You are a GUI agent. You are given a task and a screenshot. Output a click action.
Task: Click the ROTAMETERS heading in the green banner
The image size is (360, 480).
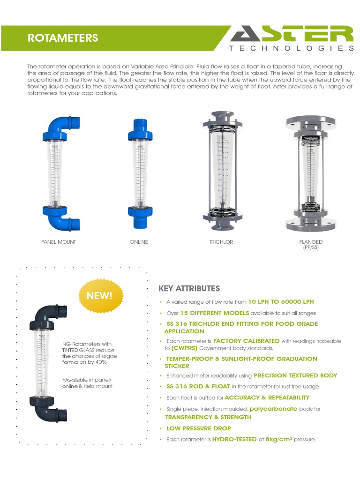pos(63,38)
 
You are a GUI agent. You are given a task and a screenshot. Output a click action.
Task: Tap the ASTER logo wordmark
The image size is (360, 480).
pos(291,34)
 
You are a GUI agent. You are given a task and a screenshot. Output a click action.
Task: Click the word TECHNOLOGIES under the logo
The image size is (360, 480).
pos(291,48)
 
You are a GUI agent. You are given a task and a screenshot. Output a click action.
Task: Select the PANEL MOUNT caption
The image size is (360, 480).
pos(59,242)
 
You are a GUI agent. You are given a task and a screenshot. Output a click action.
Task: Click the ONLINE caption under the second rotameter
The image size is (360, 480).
pos(139,242)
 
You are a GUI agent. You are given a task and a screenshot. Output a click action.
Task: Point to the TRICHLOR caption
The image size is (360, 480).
pos(221,242)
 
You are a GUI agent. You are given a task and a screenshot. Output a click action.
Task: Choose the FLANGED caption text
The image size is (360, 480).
pos(311,242)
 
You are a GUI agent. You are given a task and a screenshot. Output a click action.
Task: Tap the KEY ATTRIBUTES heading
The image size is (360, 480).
pos(189,288)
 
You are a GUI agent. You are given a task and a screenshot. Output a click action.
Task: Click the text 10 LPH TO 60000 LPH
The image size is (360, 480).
pos(281,302)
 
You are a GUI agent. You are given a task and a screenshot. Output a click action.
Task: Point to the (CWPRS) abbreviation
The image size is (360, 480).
pos(184,348)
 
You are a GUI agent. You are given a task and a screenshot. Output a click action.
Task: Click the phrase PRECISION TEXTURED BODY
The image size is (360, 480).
pos(295,375)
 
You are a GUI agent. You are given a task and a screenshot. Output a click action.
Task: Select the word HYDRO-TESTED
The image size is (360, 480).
pos(234,440)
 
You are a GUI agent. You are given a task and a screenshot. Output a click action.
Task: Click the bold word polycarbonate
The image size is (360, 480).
pos(273,409)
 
